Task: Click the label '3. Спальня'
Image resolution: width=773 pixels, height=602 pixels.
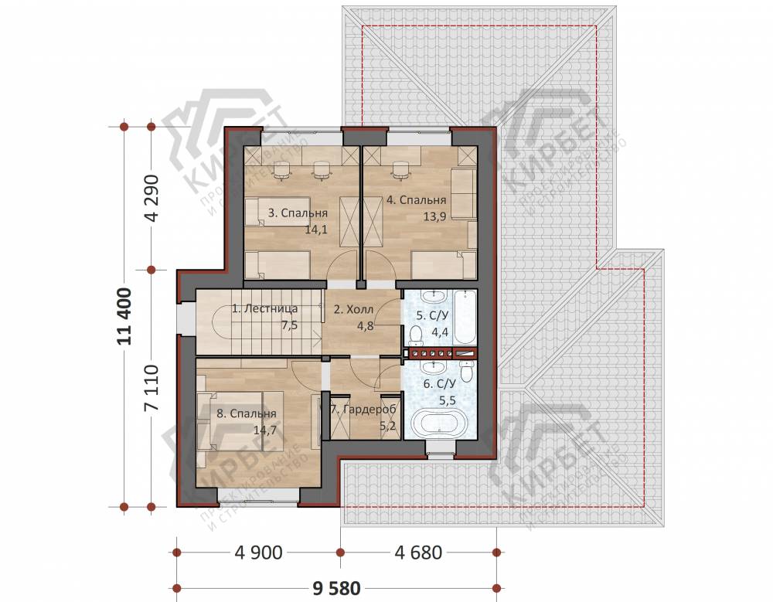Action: pyautogui.click(x=298, y=213)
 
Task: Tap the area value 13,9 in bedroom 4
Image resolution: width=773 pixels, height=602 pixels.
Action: pyautogui.click(x=434, y=216)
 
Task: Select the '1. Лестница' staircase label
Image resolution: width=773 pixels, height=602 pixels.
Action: pyautogui.click(x=264, y=308)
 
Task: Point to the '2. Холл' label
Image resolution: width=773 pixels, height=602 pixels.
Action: pyautogui.click(x=353, y=310)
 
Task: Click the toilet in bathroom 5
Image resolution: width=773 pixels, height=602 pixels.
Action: pyautogui.click(x=416, y=335)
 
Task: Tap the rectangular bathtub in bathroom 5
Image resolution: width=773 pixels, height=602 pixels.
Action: pyautogui.click(x=465, y=318)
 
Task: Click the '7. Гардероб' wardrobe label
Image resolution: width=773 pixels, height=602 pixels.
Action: pyautogui.click(x=363, y=410)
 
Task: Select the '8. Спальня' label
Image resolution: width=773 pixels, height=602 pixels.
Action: pyautogui.click(x=247, y=413)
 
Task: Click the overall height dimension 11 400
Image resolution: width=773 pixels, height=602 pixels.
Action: pyautogui.click(x=124, y=316)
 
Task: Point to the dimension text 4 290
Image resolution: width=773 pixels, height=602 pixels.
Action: pyautogui.click(x=153, y=198)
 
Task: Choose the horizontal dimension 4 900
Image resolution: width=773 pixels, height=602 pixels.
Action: pyautogui.click(x=259, y=553)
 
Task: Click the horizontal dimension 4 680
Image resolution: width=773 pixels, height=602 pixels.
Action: pyautogui.click(x=418, y=553)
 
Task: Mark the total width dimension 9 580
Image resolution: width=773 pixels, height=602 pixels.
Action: pyautogui.click(x=337, y=588)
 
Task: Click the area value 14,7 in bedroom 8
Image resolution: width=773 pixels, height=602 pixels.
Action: pyautogui.click(x=264, y=430)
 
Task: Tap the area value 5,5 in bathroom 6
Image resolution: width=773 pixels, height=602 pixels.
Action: pyautogui.click(x=448, y=400)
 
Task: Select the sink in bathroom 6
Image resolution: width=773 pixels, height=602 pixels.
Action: pyautogui.click(x=434, y=366)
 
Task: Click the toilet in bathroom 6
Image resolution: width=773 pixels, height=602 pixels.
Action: pyautogui.click(x=466, y=370)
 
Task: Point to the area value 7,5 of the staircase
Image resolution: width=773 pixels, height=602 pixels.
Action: pyautogui.click(x=289, y=325)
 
